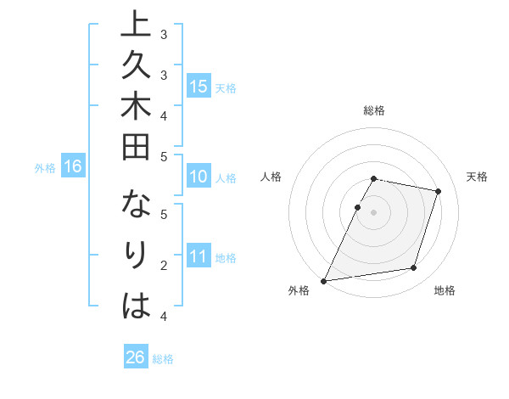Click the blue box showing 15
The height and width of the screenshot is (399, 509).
point(199,86)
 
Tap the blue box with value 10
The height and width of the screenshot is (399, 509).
point(199,177)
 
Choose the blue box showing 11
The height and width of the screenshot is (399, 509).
point(199,256)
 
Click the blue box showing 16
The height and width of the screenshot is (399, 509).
point(72,166)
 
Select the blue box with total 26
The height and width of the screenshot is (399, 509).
point(136,357)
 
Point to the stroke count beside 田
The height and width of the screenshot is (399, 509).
point(163,156)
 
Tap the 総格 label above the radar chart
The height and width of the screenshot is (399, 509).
point(374,110)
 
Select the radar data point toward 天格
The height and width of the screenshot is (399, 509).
point(438,191)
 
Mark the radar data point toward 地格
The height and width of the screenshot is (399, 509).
point(414,268)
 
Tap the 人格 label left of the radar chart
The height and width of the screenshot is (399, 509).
point(271,177)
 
